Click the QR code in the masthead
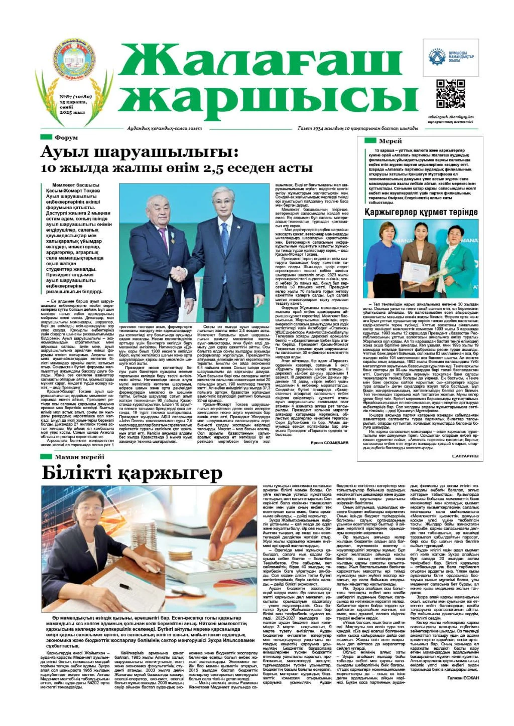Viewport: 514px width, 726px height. coord(450,94)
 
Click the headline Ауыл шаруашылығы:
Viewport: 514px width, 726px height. coord(139,151)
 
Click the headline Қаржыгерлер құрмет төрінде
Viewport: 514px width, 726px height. coord(421,213)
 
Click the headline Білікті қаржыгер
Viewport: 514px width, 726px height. coord(132,473)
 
